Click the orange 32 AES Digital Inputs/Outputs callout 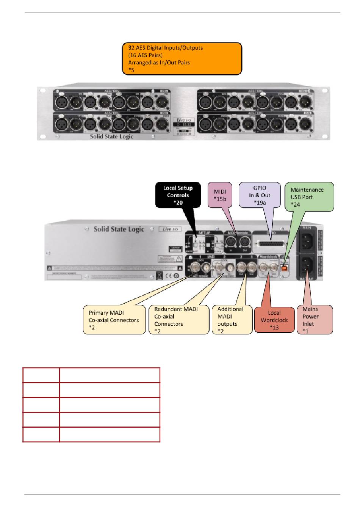coord(182,58)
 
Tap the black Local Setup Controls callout coord(178,195)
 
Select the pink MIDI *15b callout coord(220,195)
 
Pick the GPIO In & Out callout coord(260,195)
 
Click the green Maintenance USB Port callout coord(309,197)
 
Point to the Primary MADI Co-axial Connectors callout coord(114,320)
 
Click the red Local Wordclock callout coord(274,320)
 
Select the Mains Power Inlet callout coord(314,320)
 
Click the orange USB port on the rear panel coord(284,268)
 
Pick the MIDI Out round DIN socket coord(244,242)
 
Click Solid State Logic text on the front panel coord(111,136)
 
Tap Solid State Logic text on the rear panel coord(119,229)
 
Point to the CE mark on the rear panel coord(169,275)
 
